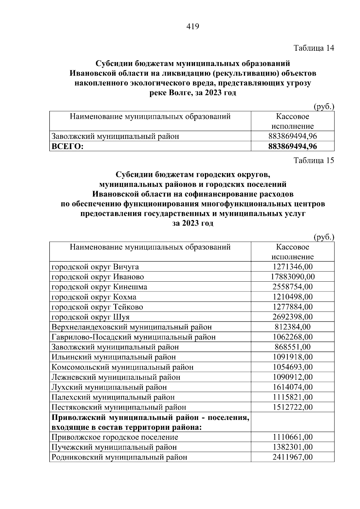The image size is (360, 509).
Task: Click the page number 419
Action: [x=193, y=27]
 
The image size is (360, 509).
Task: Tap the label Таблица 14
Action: [x=313, y=48]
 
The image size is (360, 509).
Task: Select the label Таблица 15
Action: [x=313, y=160]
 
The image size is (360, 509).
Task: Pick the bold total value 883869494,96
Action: [x=292, y=146]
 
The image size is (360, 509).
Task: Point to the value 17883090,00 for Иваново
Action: [x=292, y=277]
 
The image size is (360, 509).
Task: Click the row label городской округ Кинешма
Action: [x=99, y=287]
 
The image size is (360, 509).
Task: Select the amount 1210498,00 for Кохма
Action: [x=292, y=297]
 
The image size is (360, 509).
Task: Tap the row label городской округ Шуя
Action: [x=90, y=317]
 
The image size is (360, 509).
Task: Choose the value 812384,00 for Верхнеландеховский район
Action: [x=292, y=327]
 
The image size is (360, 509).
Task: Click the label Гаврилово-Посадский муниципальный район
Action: [x=133, y=337]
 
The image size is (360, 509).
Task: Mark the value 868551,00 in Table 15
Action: [x=292, y=347]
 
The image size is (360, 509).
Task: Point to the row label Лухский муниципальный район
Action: [x=109, y=387]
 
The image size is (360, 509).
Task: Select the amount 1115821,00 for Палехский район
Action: [x=292, y=397]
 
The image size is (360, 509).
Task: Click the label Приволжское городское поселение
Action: [x=115, y=437]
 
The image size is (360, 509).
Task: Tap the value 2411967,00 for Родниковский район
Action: [x=292, y=457]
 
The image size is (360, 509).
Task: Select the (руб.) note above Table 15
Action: [x=324, y=237]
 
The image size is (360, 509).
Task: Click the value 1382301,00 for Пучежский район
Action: [x=292, y=447]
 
